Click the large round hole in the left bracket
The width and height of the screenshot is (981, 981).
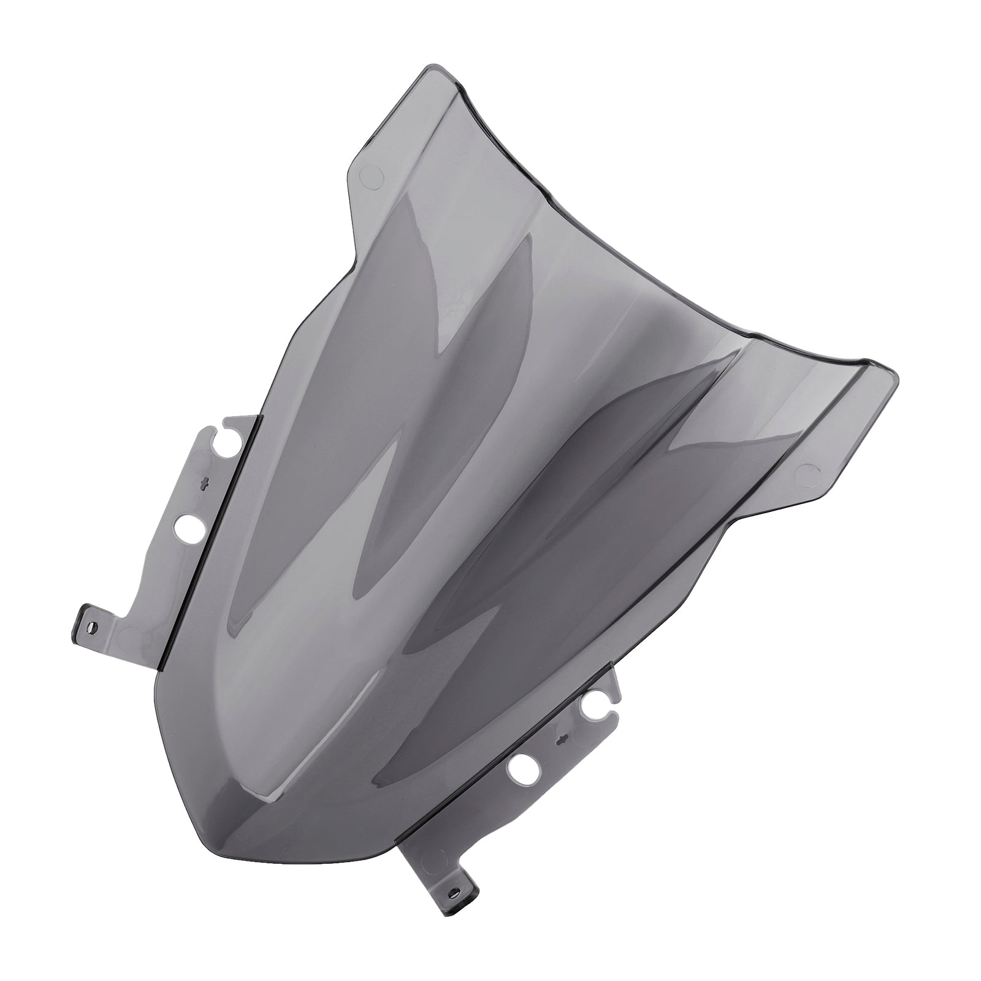point(190,525)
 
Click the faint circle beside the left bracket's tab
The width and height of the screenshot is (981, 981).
point(130,634)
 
